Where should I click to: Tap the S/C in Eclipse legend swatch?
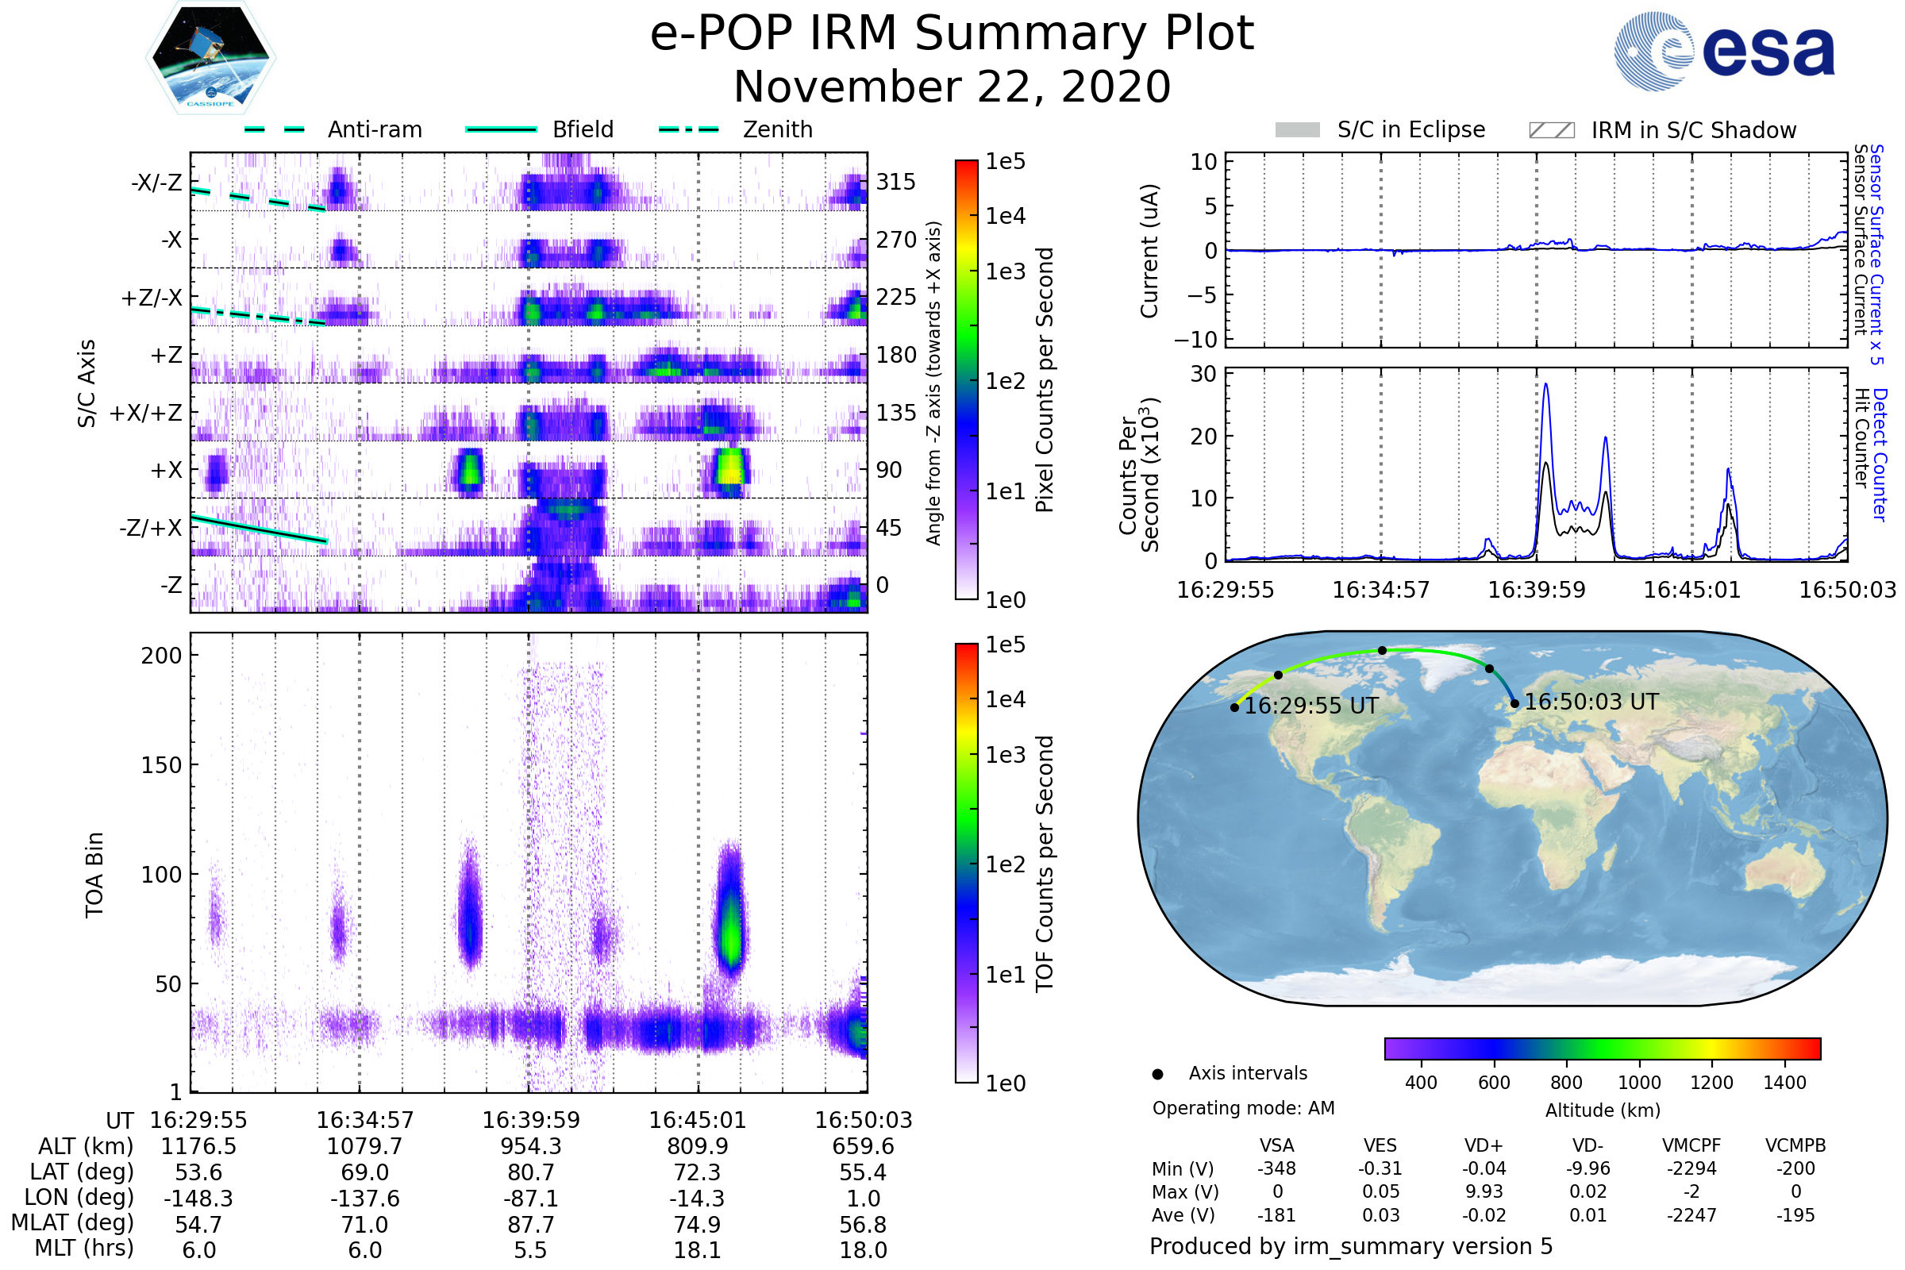[1297, 130]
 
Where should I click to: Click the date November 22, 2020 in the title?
[952, 87]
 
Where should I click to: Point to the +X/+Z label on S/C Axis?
[146, 413]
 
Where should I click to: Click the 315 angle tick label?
[895, 182]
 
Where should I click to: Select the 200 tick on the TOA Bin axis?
[161, 656]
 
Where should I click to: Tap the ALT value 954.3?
[530, 1146]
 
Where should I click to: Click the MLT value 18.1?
[697, 1249]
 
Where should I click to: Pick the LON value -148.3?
[198, 1198]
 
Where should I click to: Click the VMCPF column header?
[1691, 1145]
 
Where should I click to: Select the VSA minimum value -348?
[1276, 1168]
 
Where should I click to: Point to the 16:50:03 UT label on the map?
[1591, 702]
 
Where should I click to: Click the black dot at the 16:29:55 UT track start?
[1234, 707]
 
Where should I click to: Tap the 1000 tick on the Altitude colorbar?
[1639, 1083]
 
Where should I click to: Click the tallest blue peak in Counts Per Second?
[1545, 385]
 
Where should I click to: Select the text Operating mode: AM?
[1243, 1108]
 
